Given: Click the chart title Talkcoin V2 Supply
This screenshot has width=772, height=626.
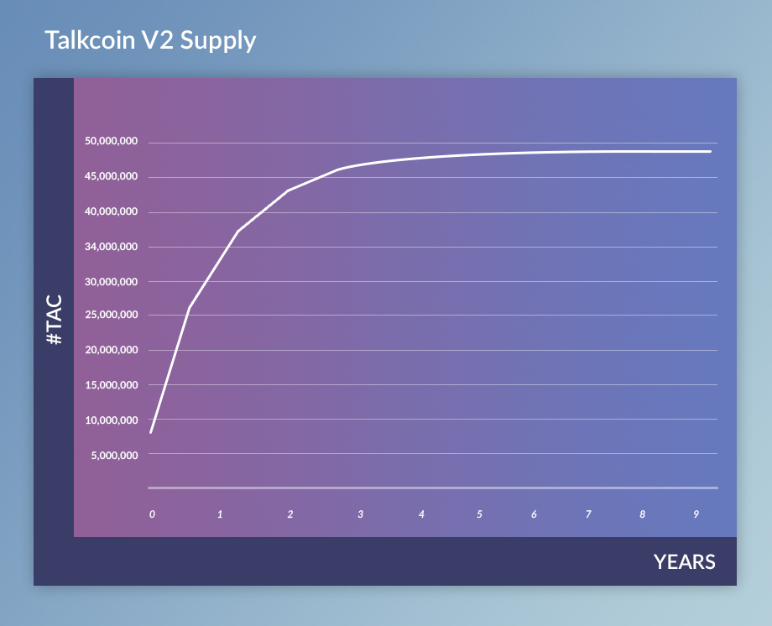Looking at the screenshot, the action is tap(150, 40).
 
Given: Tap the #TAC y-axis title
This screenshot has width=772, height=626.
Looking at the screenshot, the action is tap(55, 320).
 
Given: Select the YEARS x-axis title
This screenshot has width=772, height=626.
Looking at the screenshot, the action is tap(685, 562).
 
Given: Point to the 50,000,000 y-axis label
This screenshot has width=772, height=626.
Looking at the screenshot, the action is tap(112, 141).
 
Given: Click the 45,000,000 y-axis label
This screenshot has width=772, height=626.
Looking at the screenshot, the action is tap(112, 176).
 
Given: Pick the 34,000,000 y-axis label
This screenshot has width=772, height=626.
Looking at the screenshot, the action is tap(112, 247).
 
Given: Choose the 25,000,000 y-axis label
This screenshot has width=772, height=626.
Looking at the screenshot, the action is tap(112, 315).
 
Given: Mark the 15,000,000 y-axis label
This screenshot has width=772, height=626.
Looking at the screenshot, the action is tap(112, 385).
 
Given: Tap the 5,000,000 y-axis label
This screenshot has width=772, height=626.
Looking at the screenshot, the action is tap(114, 456).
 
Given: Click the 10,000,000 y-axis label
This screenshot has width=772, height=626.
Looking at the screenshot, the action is tap(112, 420).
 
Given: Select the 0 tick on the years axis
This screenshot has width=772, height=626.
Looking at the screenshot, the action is tap(152, 514).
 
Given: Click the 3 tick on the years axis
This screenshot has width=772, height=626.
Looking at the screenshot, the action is tap(360, 514).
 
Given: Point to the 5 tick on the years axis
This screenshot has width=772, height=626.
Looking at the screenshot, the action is tap(479, 514).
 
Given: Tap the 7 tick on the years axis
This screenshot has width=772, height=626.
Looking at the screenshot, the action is tap(588, 514).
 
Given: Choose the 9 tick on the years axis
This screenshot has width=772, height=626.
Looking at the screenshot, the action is tap(696, 514).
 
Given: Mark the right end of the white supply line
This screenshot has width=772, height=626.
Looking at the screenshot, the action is tap(711, 152).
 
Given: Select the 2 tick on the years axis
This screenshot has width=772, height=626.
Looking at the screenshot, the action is tap(290, 514).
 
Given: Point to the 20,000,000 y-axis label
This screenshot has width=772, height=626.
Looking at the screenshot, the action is tap(112, 350).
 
